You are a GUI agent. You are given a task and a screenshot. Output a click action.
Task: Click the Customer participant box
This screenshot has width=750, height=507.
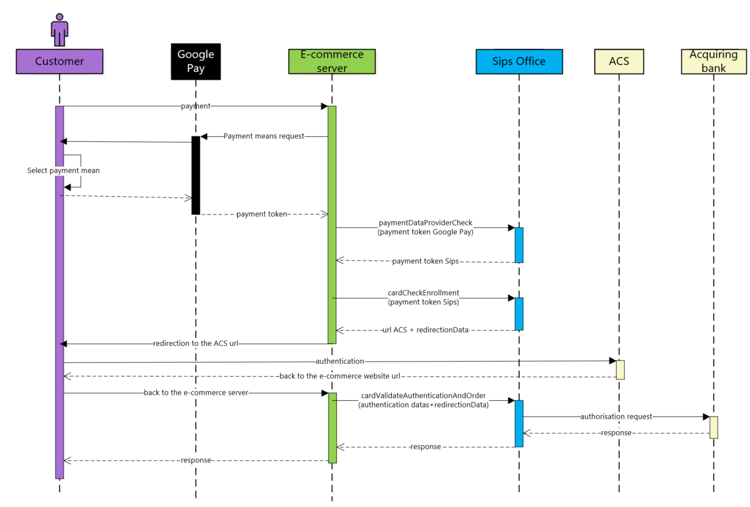click(59, 62)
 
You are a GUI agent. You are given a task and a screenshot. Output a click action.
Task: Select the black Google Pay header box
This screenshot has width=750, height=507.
click(196, 62)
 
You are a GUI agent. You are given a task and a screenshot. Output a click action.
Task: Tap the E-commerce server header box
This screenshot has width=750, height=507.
click(332, 62)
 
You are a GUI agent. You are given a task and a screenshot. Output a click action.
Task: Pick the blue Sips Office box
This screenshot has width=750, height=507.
click(519, 62)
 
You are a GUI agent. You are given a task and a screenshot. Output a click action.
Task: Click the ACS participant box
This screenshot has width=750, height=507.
click(619, 62)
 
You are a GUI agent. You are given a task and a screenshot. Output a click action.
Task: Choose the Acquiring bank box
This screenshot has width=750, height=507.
click(714, 62)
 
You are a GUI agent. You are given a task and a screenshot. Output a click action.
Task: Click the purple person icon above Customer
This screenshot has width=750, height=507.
click(59, 30)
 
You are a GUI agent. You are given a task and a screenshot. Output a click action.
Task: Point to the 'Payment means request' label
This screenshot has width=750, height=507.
click(264, 136)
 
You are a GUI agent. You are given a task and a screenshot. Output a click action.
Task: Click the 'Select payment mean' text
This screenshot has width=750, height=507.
click(63, 170)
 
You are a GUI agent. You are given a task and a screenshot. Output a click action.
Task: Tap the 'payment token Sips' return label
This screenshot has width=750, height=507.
click(425, 261)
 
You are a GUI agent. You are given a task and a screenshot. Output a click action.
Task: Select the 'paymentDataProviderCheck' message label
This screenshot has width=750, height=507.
click(425, 223)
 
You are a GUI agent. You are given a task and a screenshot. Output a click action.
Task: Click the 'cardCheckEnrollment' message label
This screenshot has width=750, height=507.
click(423, 293)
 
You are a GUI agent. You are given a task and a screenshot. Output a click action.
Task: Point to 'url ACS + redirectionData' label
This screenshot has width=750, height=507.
click(425, 330)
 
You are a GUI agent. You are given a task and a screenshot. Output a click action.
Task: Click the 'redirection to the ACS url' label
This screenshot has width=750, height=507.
click(196, 344)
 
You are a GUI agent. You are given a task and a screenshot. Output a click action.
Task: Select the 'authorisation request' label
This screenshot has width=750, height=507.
click(616, 417)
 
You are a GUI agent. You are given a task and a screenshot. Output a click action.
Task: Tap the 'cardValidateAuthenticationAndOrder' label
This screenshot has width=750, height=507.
click(423, 395)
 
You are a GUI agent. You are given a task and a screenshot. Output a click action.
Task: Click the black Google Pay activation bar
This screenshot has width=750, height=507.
click(196, 175)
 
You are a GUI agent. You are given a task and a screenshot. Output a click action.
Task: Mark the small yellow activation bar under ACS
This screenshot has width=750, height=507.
click(620, 370)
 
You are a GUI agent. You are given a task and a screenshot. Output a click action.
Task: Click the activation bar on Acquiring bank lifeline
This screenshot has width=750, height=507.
click(714, 427)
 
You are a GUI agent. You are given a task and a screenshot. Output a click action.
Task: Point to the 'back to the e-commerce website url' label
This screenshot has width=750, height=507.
click(340, 376)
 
